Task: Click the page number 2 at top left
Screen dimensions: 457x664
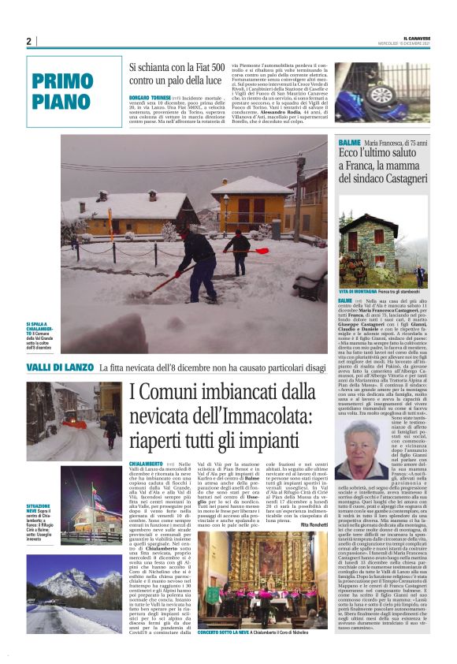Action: pos(28,41)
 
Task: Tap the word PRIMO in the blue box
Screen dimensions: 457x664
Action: pos(62,80)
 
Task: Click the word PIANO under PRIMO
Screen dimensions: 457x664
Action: pos(62,100)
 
